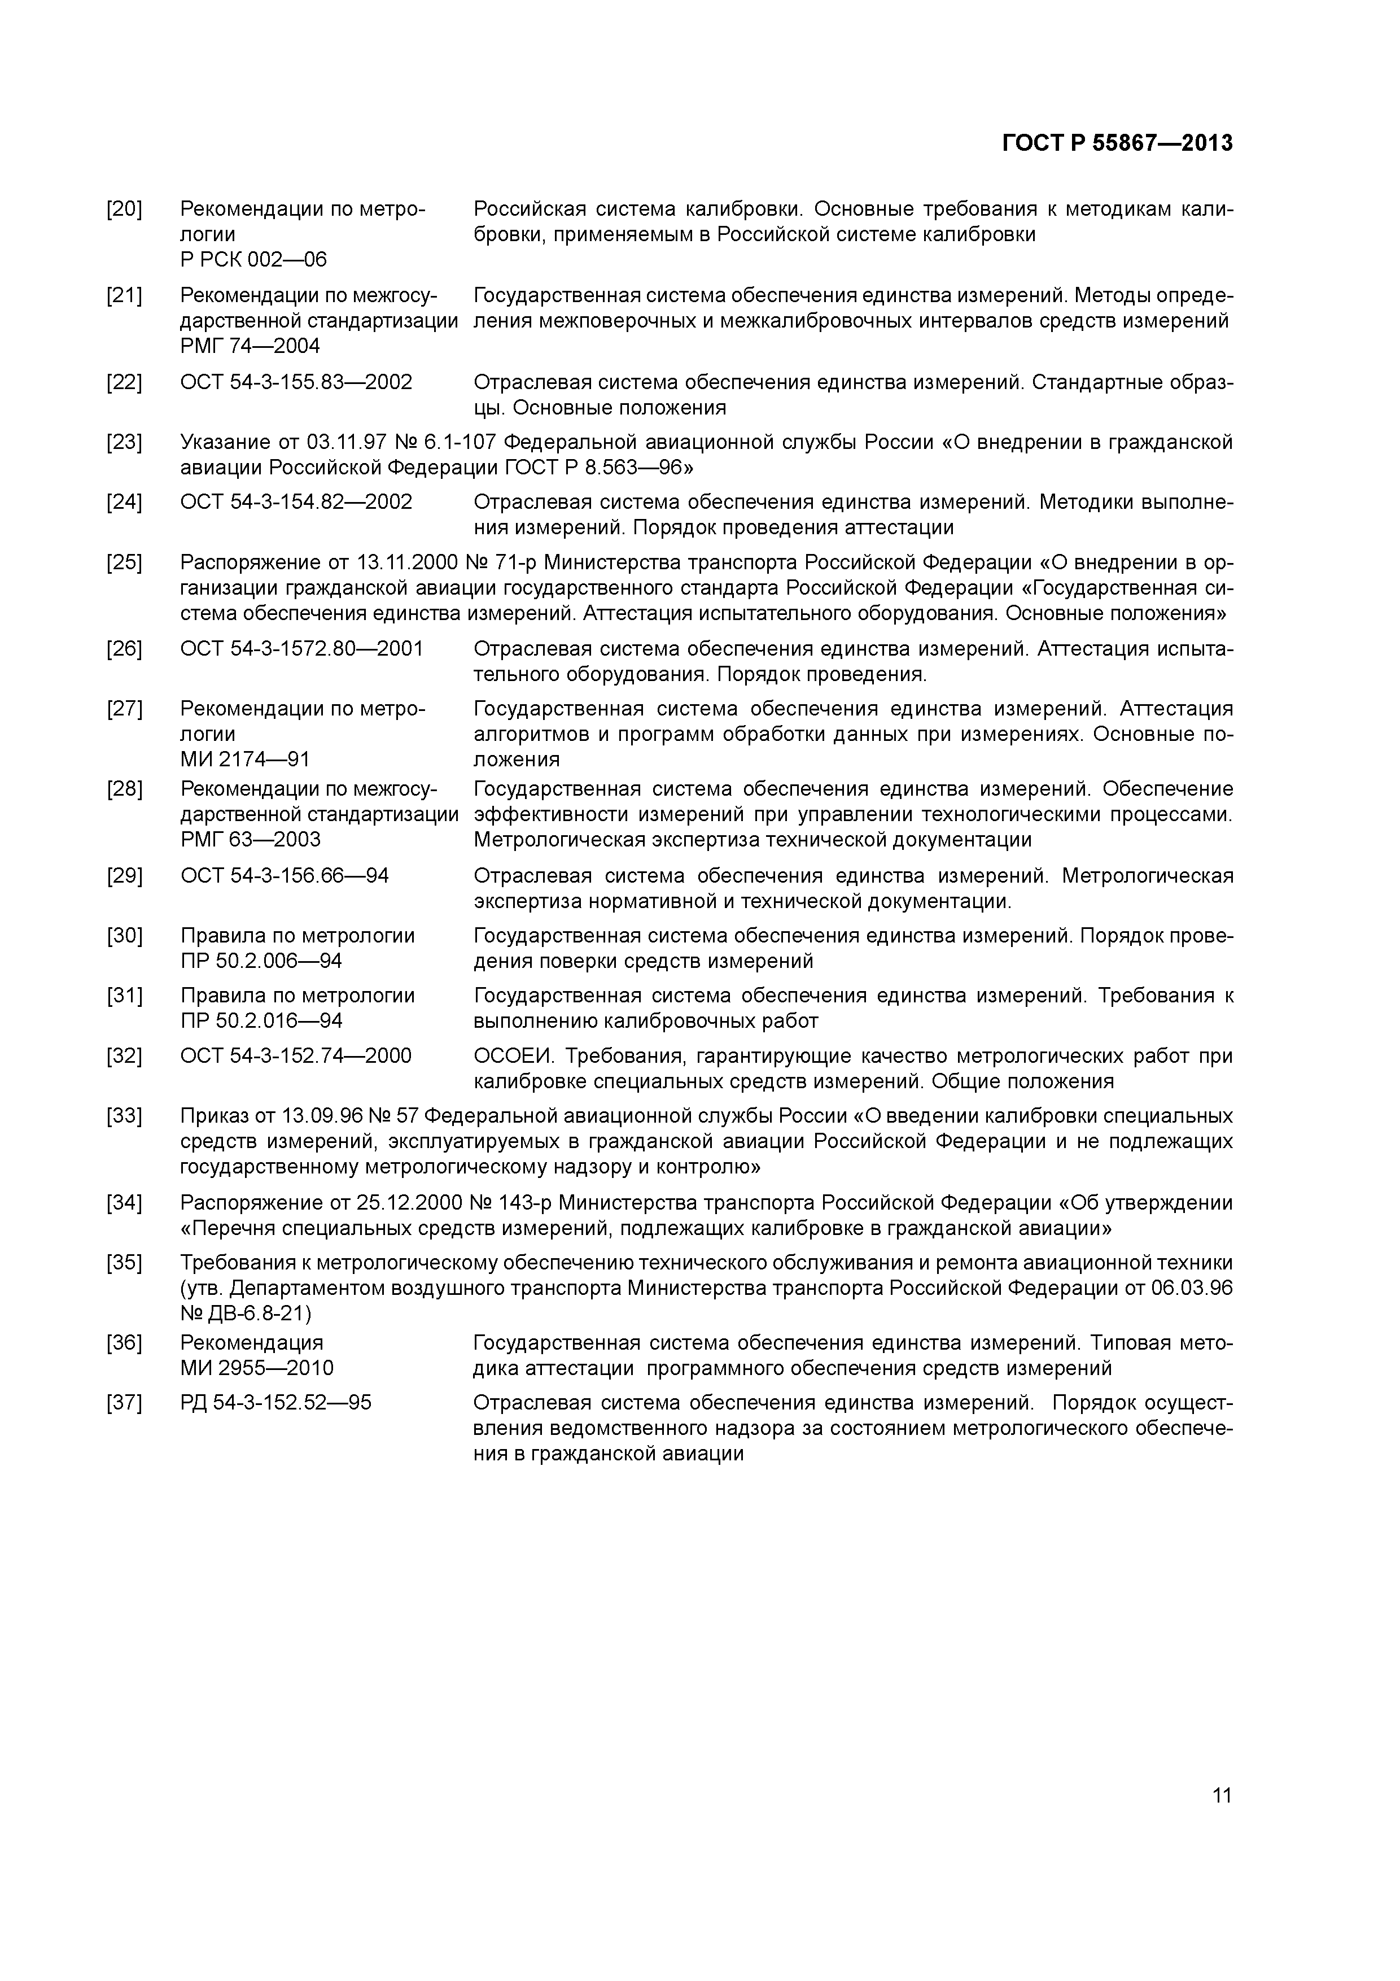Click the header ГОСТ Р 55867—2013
[1117, 143]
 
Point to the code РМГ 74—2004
[250, 346]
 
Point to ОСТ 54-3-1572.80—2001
[302, 649]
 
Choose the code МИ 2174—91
[245, 760]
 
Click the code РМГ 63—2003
[250, 840]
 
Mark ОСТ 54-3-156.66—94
[285, 876]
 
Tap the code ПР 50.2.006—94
[261, 961]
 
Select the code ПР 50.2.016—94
[261, 1020]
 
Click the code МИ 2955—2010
[257, 1368]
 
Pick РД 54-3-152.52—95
[276, 1403]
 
